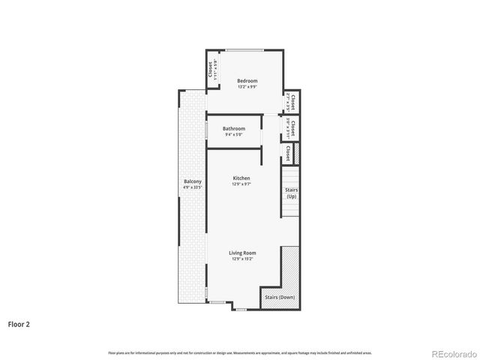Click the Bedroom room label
pyautogui.click(x=247, y=81)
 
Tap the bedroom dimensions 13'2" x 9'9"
pyautogui.click(x=247, y=87)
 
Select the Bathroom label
pyautogui.click(x=233, y=129)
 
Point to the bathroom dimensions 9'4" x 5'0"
pyautogui.click(x=233, y=135)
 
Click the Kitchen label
pyautogui.click(x=241, y=178)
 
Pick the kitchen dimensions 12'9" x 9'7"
pyautogui.click(x=241, y=184)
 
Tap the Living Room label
pyautogui.click(x=242, y=253)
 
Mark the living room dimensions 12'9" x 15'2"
pyautogui.click(x=242, y=259)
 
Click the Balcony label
pyautogui.click(x=193, y=181)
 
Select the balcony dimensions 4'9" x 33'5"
pyautogui.click(x=193, y=187)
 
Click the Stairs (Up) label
pyautogui.click(x=292, y=193)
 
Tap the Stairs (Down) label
pyautogui.click(x=281, y=298)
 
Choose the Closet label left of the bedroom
pyautogui.click(x=211, y=69)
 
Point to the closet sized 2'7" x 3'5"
pyautogui.click(x=290, y=101)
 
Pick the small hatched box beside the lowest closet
pyautogui.click(x=296, y=153)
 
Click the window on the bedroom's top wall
pyautogui.click(x=246, y=50)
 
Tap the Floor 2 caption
pyautogui.click(x=19, y=325)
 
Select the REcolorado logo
pyautogui.click(x=452, y=352)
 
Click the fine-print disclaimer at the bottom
pyautogui.click(x=240, y=352)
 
